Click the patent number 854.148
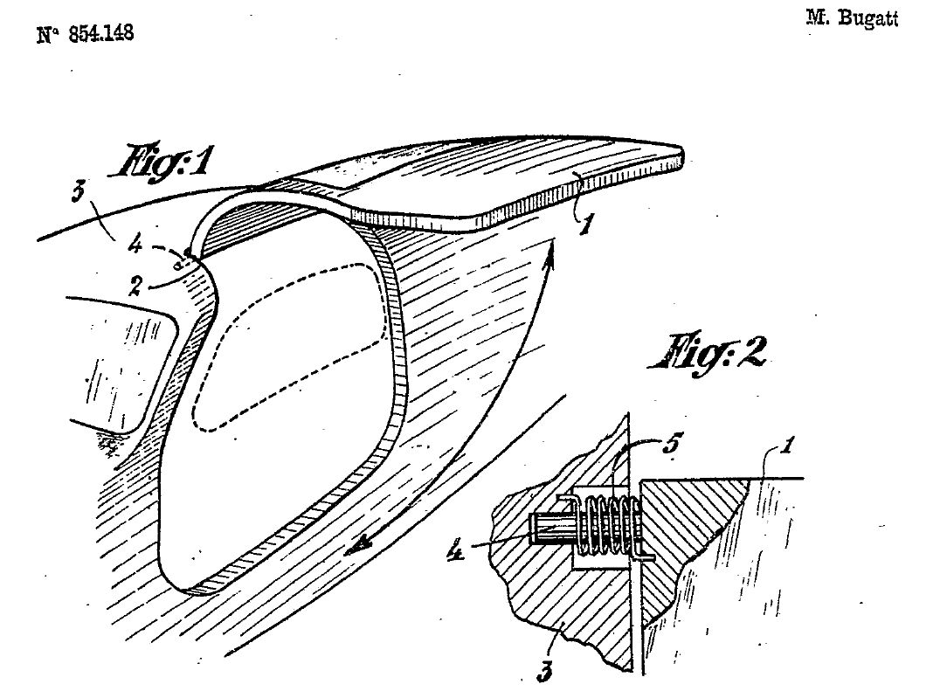(x=100, y=33)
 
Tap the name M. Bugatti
(x=852, y=17)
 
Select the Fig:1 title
(x=161, y=162)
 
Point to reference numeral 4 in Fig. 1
(x=135, y=245)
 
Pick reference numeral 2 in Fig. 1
(x=135, y=286)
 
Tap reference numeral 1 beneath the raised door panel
(x=585, y=224)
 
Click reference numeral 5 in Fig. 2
(x=672, y=444)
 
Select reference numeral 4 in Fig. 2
(x=456, y=549)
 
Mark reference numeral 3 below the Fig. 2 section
(x=543, y=671)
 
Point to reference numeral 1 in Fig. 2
(x=787, y=446)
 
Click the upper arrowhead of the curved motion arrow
(x=549, y=252)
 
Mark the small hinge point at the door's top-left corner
(x=188, y=253)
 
